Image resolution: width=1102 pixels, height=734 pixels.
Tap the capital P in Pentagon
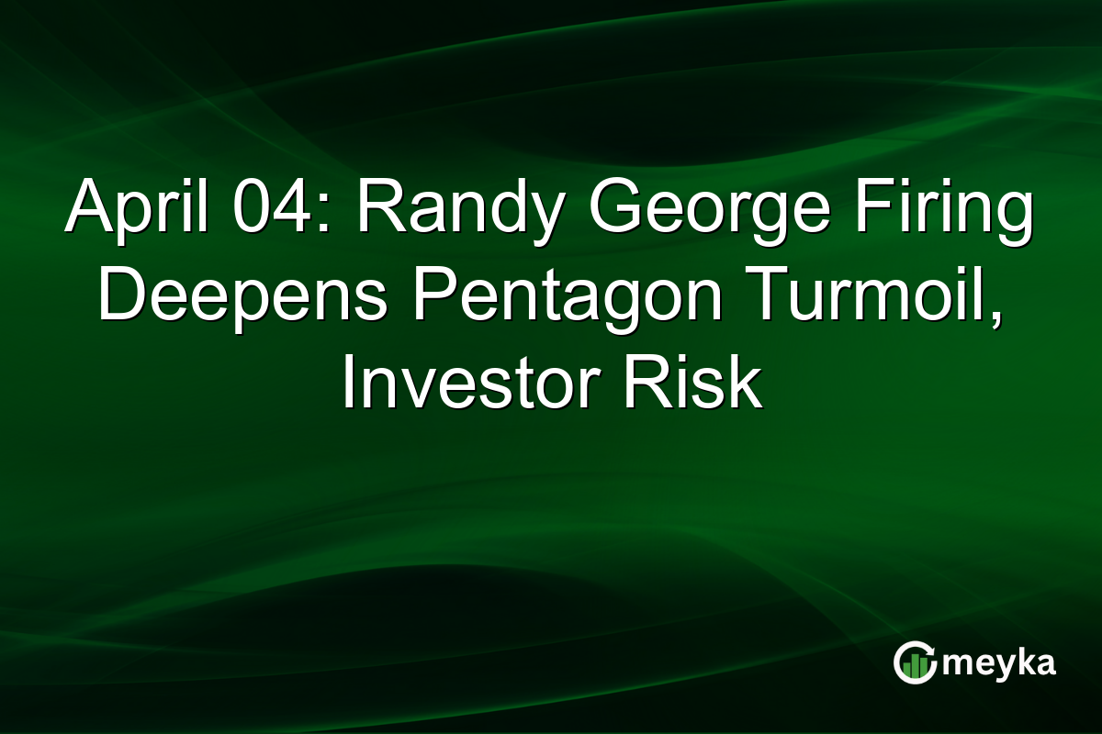pos(421,295)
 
